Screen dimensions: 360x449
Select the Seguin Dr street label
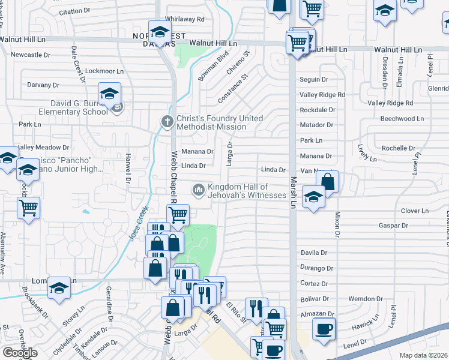click(x=314, y=79)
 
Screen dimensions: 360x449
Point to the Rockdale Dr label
click(x=317, y=110)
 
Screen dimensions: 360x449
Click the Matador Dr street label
click(x=316, y=125)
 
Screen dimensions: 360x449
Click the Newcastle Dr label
click(x=31, y=55)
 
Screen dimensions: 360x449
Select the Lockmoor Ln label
click(x=100, y=71)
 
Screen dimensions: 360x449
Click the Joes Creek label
click(x=138, y=224)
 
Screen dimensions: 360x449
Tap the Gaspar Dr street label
click(x=393, y=226)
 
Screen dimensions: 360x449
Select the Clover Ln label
click(x=415, y=211)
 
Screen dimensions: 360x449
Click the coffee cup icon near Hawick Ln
click(x=324, y=328)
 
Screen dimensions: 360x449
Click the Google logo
click(x=20, y=353)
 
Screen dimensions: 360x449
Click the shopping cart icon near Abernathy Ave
click(x=29, y=208)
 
